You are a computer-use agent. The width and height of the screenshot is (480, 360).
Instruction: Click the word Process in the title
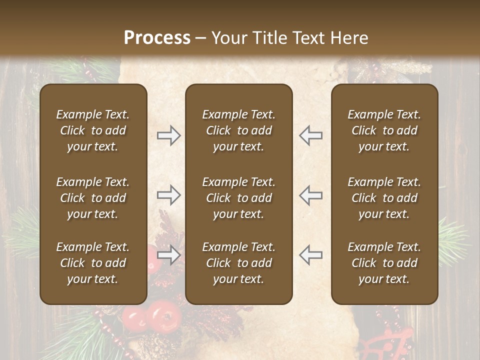tap(157, 38)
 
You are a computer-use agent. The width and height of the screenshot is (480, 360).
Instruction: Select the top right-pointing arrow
tap(168, 135)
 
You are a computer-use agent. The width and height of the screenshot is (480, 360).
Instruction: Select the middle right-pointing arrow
tap(168, 195)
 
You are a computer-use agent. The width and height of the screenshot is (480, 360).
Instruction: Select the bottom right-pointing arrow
tap(168, 255)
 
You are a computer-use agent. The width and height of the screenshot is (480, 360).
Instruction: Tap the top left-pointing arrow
tap(310, 135)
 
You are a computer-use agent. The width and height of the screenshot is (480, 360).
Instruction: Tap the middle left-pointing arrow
tap(310, 195)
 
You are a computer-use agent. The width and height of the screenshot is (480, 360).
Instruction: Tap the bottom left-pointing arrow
tap(310, 255)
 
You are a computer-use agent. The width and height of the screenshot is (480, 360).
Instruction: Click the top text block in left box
tap(93, 130)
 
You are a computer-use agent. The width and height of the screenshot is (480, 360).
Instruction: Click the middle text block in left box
tap(93, 198)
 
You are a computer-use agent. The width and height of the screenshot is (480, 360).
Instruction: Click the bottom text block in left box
tap(93, 263)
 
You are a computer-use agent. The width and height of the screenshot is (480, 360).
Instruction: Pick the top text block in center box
tap(238, 130)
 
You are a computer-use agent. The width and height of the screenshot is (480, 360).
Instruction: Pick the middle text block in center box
tap(238, 198)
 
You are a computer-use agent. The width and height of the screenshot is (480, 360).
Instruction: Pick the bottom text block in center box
tap(238, 263)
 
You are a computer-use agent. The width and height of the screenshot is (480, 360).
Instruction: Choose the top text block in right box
tap(384, 130)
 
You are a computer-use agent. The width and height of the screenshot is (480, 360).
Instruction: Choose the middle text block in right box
tap(384, 198)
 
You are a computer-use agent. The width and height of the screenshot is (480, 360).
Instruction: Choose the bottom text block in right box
tap(384, 263)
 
